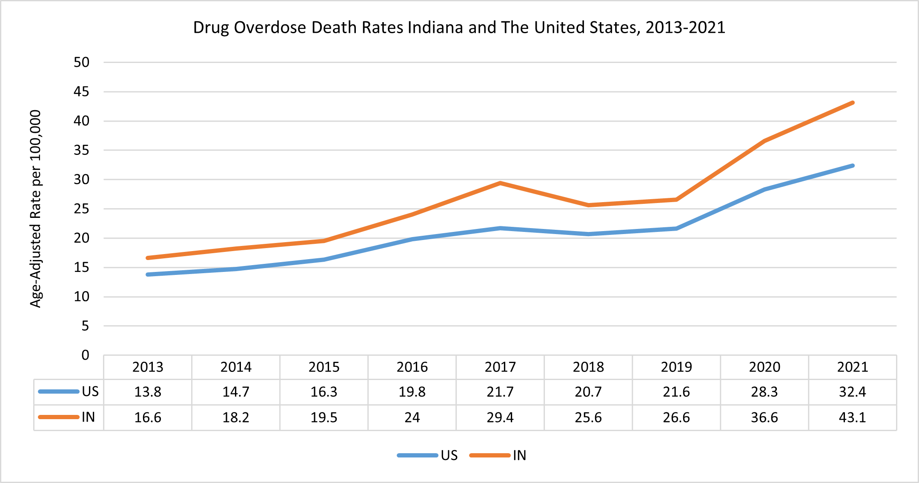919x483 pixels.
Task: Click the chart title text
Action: tap(459, 28)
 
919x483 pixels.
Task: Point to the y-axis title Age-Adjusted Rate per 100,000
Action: tap(36, 209)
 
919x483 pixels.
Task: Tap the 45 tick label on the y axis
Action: tap(82, 91)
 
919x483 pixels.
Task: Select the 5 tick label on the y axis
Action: tap(85, 326)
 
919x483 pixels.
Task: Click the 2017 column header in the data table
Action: tap(500, 367)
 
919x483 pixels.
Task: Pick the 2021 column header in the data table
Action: tap(852, 367)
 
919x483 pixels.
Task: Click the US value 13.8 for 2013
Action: tap(148, 392)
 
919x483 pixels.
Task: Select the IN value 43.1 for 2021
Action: tap(852, 417)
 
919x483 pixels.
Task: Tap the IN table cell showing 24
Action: tap(412, 417)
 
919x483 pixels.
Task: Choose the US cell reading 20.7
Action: tap(588, 392)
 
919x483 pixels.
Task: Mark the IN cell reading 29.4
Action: tap(500, 417)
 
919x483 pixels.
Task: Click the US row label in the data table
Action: tap(90, 392)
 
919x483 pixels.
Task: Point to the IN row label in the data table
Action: tap(88, 417)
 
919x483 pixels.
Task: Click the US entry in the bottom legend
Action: tap(449, 455)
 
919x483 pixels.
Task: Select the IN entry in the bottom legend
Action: tap(519, 455)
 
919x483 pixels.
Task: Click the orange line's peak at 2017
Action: tap(500, 183)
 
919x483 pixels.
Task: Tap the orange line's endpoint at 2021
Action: tap(853, 103)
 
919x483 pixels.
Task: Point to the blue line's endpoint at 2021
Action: tap(853, 166)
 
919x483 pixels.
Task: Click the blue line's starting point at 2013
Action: tap(148, 274)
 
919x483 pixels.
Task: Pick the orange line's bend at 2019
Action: tap(676, 199)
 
